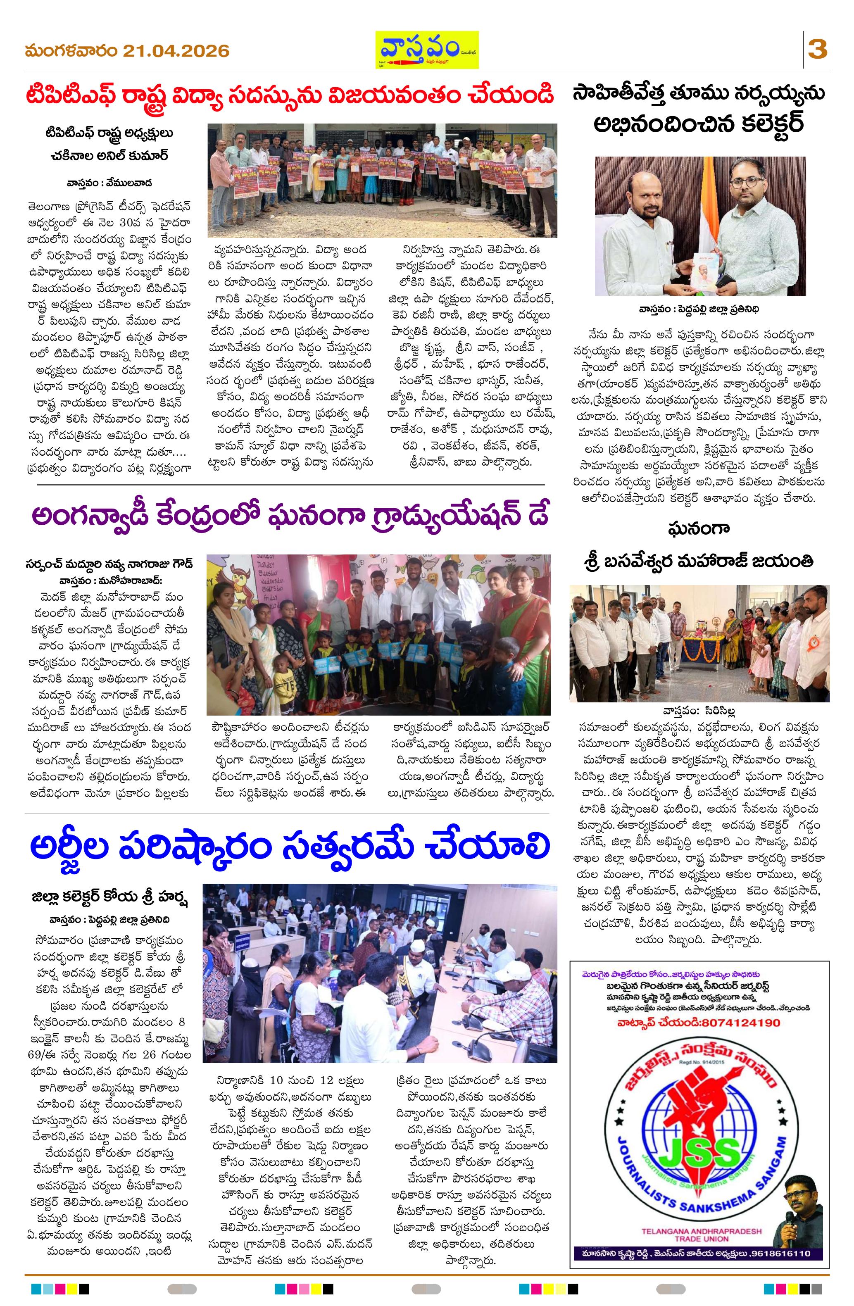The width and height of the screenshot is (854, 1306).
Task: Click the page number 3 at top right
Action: coord(817,50)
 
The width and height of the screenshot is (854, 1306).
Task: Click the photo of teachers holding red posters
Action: coord(381,181)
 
